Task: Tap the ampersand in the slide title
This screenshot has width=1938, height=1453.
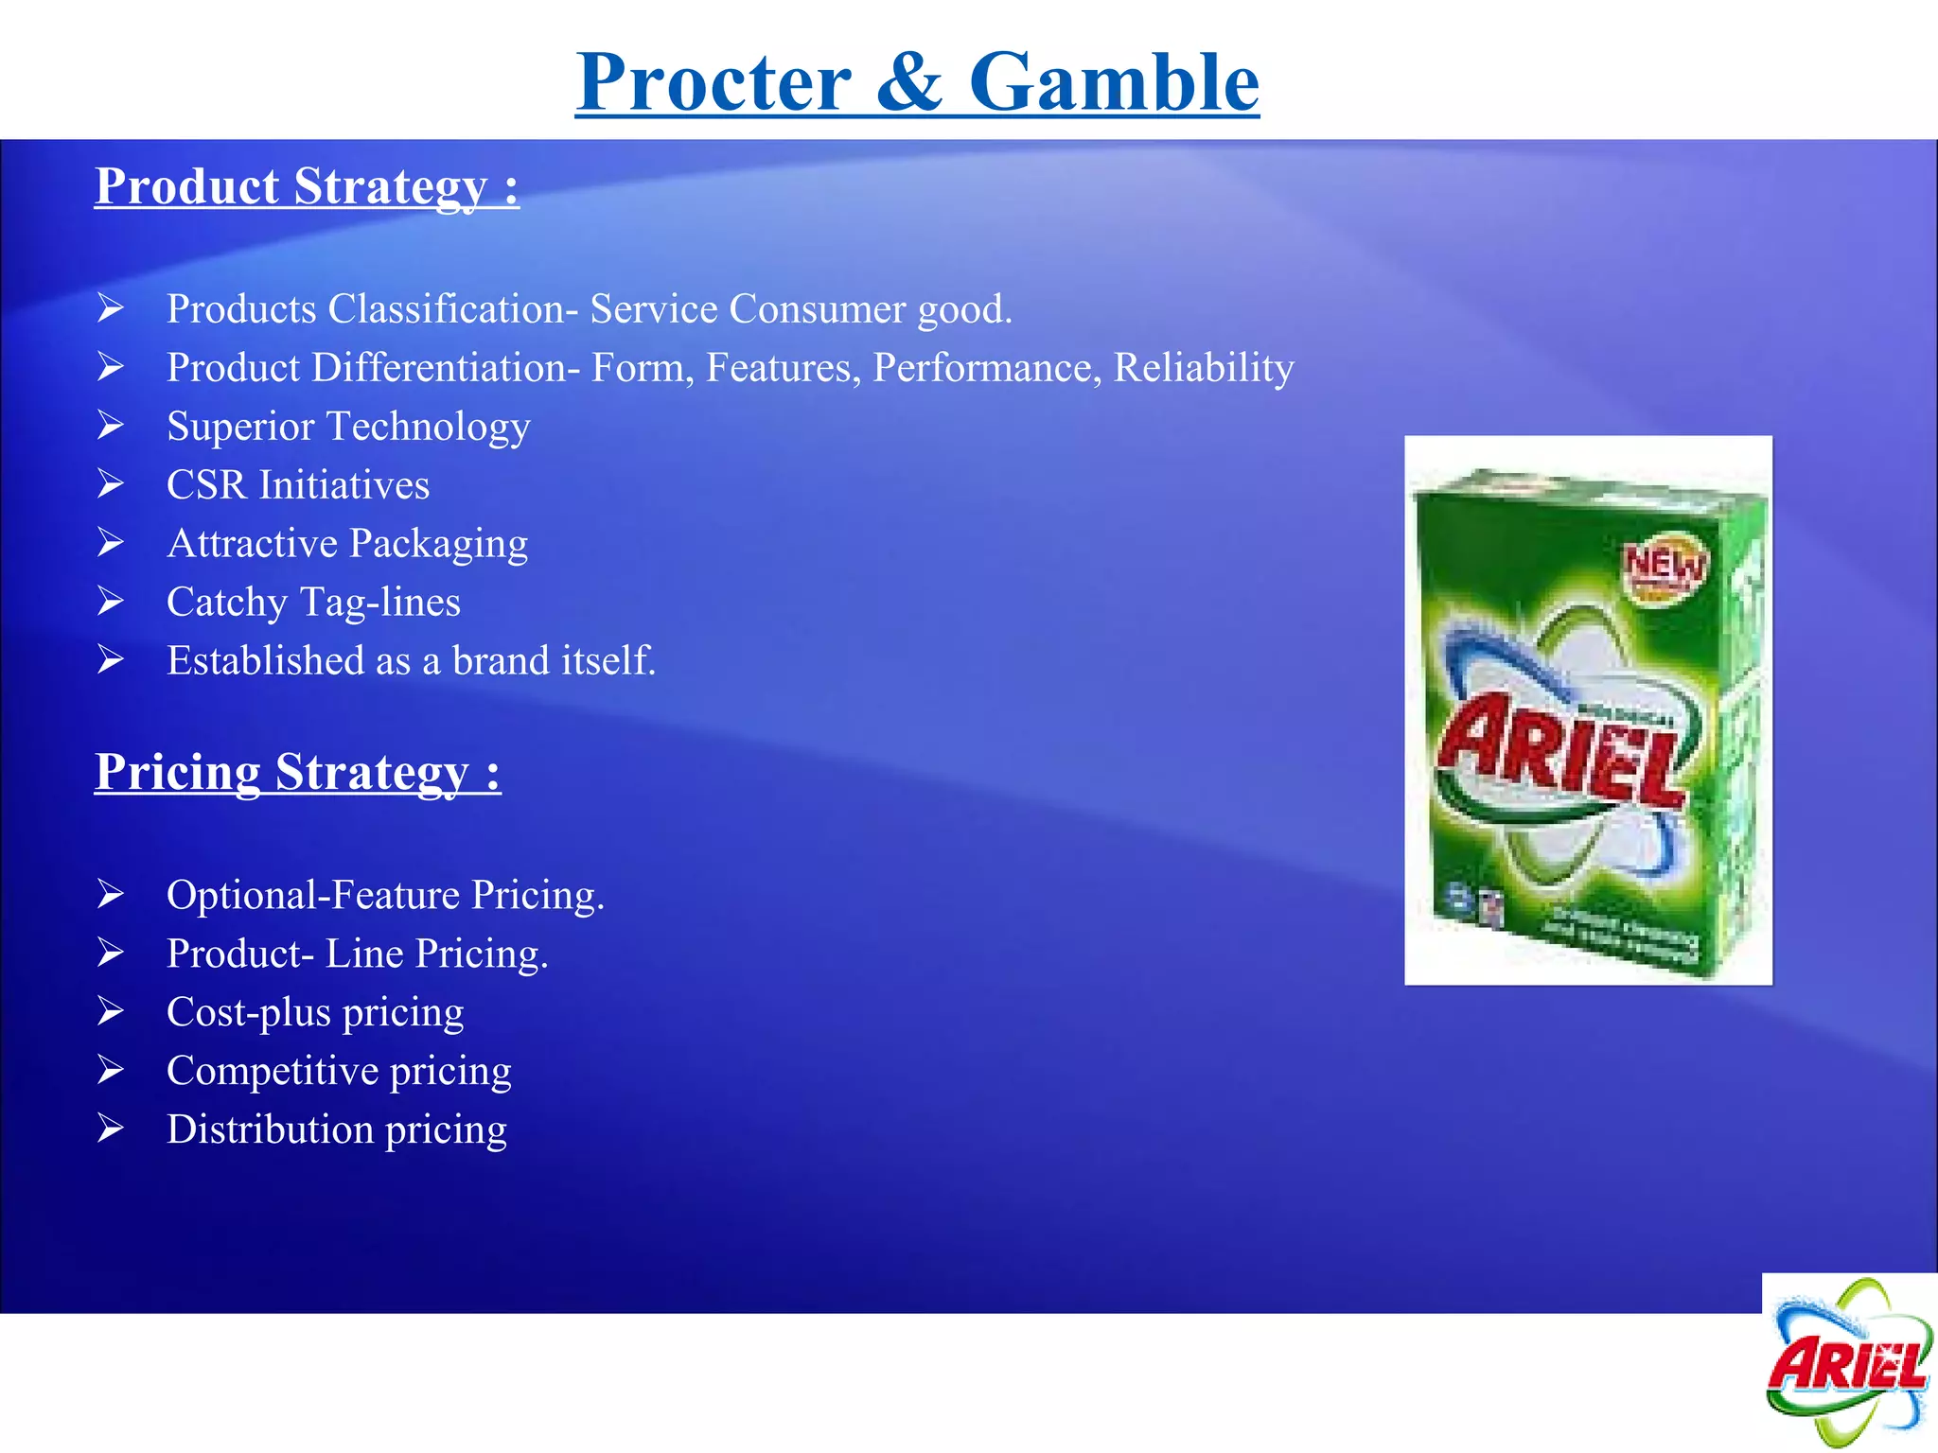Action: click(908, 83)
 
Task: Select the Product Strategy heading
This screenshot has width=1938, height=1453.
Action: click(307, 186)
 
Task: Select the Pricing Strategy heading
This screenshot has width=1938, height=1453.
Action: click(297, 772)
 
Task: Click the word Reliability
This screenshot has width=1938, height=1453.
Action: click(1204, 368)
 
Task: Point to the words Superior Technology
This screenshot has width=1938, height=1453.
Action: click(348, 427)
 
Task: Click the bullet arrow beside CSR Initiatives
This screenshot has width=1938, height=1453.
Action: click(111, 484)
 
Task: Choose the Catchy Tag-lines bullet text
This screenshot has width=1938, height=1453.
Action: click(313, 603)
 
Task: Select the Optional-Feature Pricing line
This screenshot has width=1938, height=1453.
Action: click(385, 895)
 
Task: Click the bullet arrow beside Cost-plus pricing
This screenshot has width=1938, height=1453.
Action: click(111, 1011)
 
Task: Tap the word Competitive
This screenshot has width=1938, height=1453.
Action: click(273, 1071)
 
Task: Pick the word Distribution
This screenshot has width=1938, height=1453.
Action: click(270, 1129)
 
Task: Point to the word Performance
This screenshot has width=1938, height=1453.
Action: click(986, 368)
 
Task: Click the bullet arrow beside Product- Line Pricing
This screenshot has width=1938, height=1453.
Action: click(111, 953)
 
